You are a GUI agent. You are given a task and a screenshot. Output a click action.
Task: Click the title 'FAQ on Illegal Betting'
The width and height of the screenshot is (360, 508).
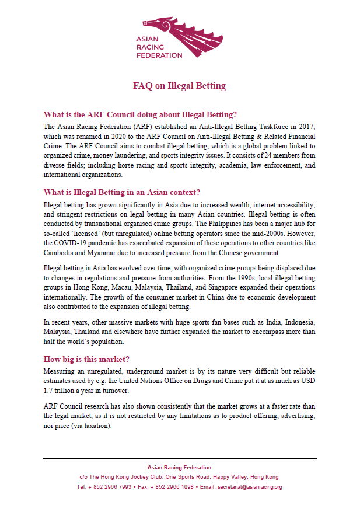click(x=179, y=86)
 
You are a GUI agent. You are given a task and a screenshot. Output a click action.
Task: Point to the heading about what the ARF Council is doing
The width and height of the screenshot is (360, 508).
click(x=140, y=114)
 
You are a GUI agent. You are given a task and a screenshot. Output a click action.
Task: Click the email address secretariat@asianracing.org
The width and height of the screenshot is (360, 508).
click(x=249, y=486)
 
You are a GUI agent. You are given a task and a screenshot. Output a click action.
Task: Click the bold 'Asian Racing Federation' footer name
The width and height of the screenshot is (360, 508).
click(x=179, y=468)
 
